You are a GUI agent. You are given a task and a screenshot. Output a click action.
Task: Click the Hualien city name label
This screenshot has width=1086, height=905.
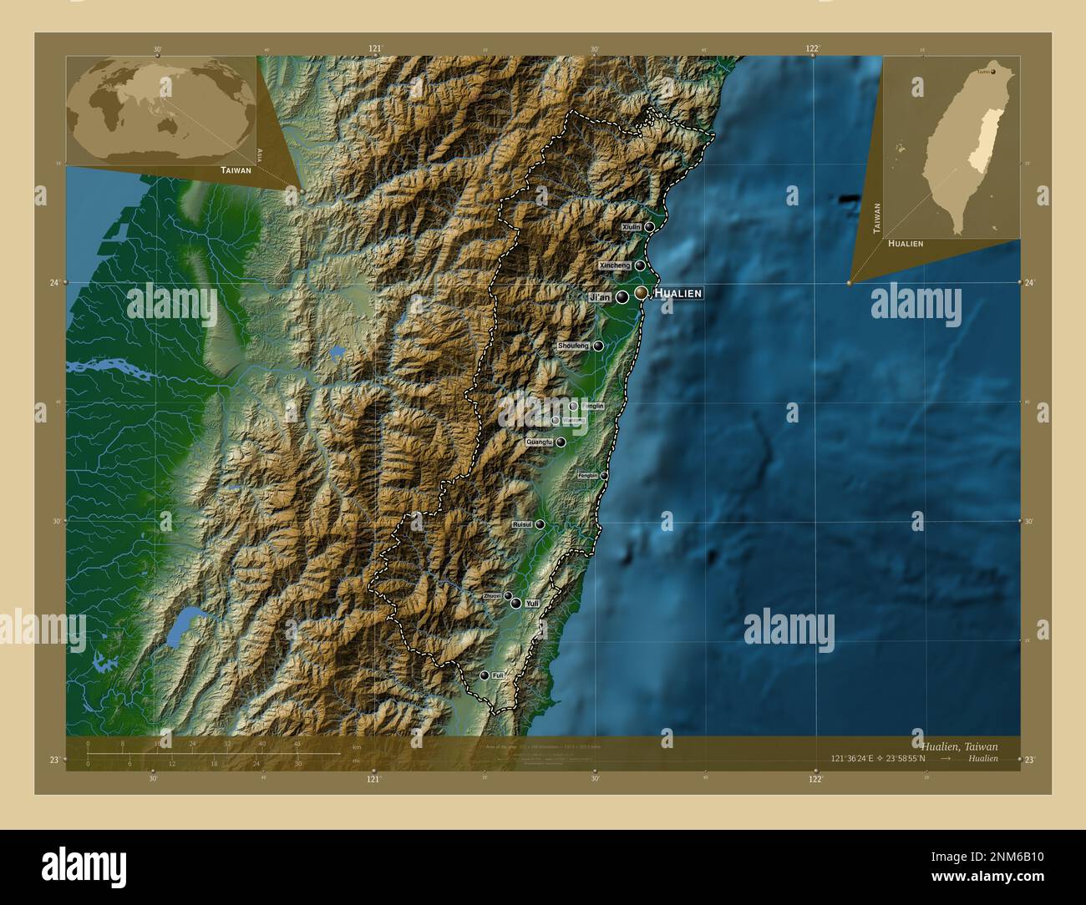click(677, 293)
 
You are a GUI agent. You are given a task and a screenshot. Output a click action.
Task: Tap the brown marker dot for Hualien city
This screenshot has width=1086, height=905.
click(641, 292)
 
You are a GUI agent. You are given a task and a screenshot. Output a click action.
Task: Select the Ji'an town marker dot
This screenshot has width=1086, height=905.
click(622, 296)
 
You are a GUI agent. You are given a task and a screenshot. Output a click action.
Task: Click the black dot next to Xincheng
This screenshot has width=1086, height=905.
click(640, 265)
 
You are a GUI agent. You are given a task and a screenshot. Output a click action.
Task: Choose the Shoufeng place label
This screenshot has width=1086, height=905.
click(574, 346)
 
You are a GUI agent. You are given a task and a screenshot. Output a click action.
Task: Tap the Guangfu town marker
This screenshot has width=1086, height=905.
click(561, 442)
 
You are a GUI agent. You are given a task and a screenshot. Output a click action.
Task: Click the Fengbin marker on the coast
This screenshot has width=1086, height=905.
click(604, 476)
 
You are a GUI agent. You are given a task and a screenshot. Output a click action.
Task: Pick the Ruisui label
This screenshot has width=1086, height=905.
click(522, 524)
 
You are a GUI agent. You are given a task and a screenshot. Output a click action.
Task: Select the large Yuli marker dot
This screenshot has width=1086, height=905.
click(516, 603)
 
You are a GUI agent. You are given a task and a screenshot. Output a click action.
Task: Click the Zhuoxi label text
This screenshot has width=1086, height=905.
click(492, 596)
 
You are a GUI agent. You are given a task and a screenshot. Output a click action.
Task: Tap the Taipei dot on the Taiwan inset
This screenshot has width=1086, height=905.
click(992, 72)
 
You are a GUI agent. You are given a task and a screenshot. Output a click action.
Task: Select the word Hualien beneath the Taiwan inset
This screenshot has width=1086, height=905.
click(906, 243)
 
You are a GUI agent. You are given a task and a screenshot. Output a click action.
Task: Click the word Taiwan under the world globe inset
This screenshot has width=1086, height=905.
click(236, 169)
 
